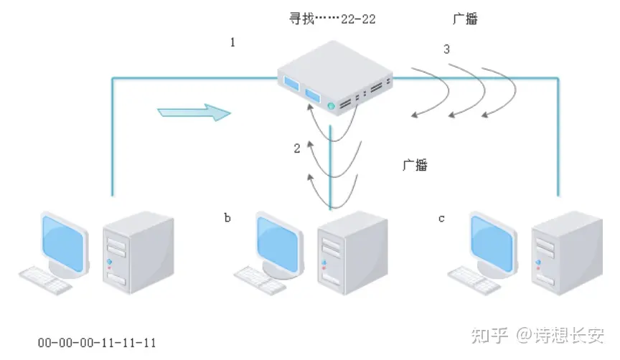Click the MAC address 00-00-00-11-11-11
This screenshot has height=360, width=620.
[97, 343]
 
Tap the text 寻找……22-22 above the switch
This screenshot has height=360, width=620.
[332, 19]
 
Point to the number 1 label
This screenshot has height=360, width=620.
[232, 43]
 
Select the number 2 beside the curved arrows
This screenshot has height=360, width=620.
[297, 148]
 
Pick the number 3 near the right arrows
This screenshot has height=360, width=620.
[447, 49]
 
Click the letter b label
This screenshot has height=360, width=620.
[227, 217]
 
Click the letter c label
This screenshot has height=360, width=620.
[441, 217]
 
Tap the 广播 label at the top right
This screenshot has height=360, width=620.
[466, 19]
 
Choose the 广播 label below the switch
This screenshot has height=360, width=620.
[415, 165]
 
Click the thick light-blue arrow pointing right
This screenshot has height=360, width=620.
[194, 113]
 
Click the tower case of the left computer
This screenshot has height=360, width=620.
[138, 252]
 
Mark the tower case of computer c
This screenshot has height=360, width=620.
[567, 252]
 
